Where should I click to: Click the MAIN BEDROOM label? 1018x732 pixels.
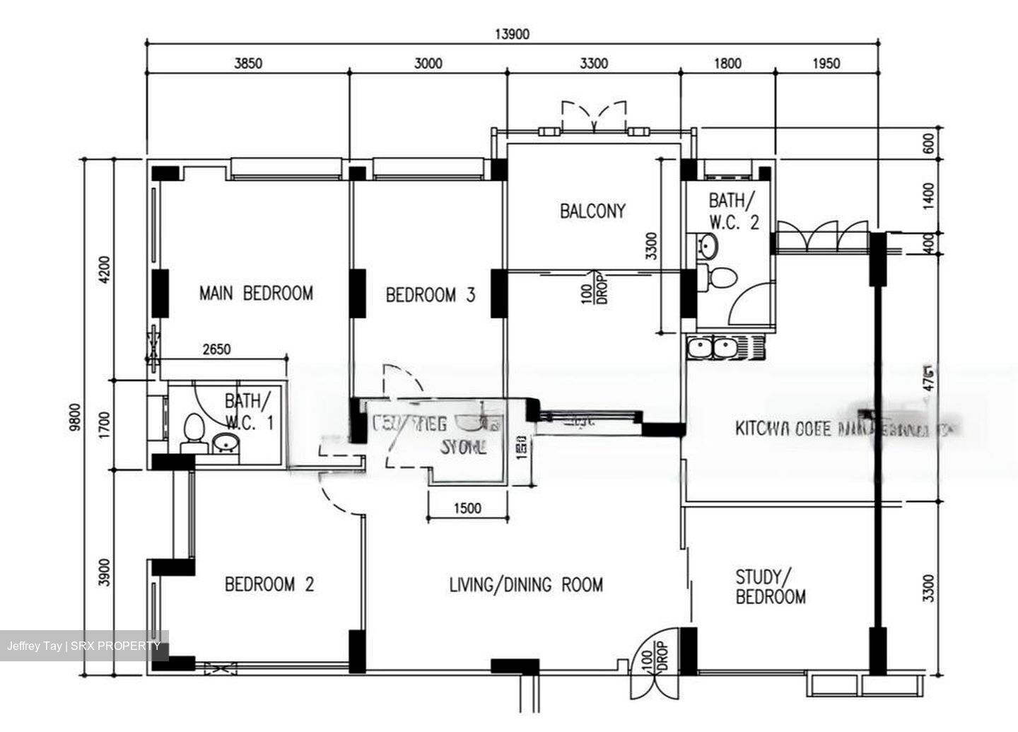[x=256, y=293]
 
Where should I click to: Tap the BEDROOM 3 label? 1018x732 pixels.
[x=430, y=295]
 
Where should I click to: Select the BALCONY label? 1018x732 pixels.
[x=592, y=211]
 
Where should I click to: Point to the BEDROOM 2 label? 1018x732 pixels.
[x=269, y=584]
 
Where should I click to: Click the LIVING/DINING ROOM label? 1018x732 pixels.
[x=526, y=585]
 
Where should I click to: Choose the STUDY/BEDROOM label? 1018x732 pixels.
[x=771, y=587]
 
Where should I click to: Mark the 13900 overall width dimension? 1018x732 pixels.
[x=512, y=34]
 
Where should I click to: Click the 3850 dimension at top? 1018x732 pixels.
[x=248, y=64]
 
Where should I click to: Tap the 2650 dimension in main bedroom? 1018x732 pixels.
[x=216, y=349]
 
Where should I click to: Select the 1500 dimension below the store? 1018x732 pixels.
[x=467, y=509]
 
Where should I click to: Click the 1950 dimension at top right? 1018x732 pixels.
[x=826, y=64]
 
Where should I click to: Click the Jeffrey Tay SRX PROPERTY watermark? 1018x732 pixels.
[x=84, y=646]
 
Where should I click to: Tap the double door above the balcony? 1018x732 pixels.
[x=594, y=117]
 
